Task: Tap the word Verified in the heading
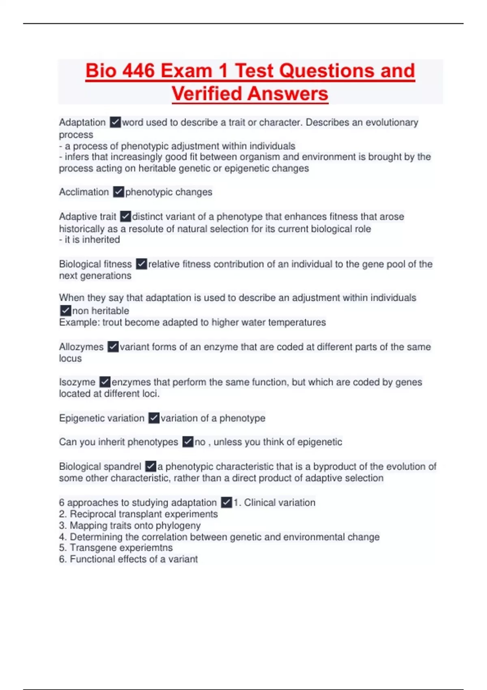click(x=207, y=94)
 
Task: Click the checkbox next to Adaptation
click(x=115, y=122)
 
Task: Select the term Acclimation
click(x=84, y=192)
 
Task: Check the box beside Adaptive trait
click(x=126, y=216)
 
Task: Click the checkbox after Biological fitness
click(x=141, y=264)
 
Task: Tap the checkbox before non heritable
click(x=65, y=311)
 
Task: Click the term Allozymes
click(x=81, y=347)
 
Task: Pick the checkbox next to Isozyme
click(x=105, y=382)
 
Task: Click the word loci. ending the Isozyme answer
click(x=150, y=394)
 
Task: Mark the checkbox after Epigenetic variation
click(x=154, y=418)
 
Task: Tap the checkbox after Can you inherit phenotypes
click(x=187, y=442)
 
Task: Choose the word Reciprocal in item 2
click(x=89, y=514)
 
